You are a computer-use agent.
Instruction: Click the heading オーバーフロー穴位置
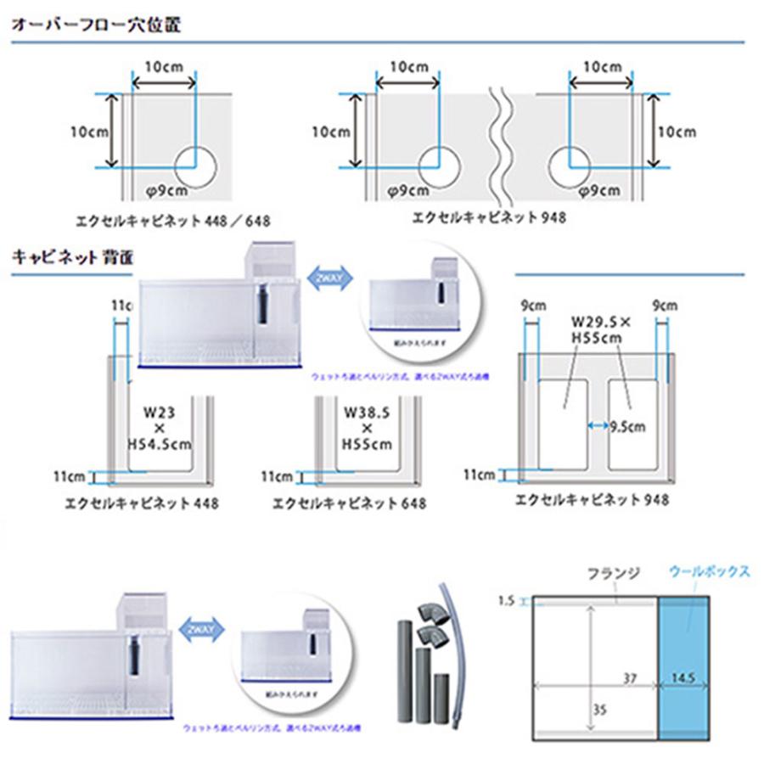click(95, 24)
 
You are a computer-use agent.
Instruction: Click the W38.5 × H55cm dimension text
click(368, 430)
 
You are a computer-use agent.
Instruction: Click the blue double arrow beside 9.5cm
click(598, 427)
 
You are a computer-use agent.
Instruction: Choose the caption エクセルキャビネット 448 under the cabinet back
click(142, 503)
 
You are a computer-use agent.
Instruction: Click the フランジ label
click(608, 573)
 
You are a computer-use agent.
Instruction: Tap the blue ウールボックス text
click(709, 571)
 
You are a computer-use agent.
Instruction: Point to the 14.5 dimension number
click(683, 680)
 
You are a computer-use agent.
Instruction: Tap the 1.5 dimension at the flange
click(506, 601)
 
